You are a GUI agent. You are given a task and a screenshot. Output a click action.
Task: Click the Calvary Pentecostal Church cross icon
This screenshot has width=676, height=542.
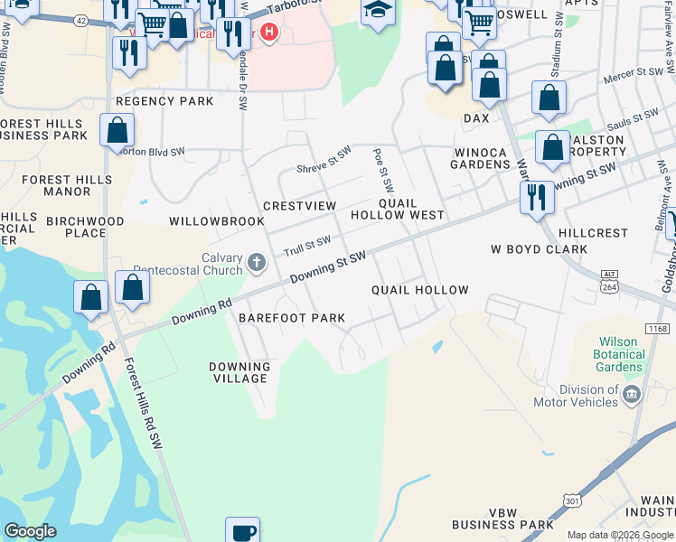257,264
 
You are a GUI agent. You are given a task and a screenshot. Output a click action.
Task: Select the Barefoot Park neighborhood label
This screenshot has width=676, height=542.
292,318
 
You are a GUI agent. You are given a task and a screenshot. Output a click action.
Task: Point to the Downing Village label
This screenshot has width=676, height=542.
239,372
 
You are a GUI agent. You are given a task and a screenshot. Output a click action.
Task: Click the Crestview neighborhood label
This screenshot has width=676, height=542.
299,206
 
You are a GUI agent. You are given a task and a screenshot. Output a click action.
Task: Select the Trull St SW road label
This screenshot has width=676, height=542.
307,245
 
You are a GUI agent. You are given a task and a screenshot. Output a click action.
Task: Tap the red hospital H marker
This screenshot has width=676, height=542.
268,33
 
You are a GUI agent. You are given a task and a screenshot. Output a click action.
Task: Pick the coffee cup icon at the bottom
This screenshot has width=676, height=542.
242,531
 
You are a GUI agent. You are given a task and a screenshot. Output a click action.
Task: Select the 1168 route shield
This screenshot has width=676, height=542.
659,330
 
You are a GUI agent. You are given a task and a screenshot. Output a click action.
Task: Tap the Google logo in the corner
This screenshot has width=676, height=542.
30,531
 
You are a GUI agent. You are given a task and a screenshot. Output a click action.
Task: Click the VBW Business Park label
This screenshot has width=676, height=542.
502,519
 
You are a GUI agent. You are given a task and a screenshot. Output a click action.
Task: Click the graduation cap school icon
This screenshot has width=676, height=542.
379,12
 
